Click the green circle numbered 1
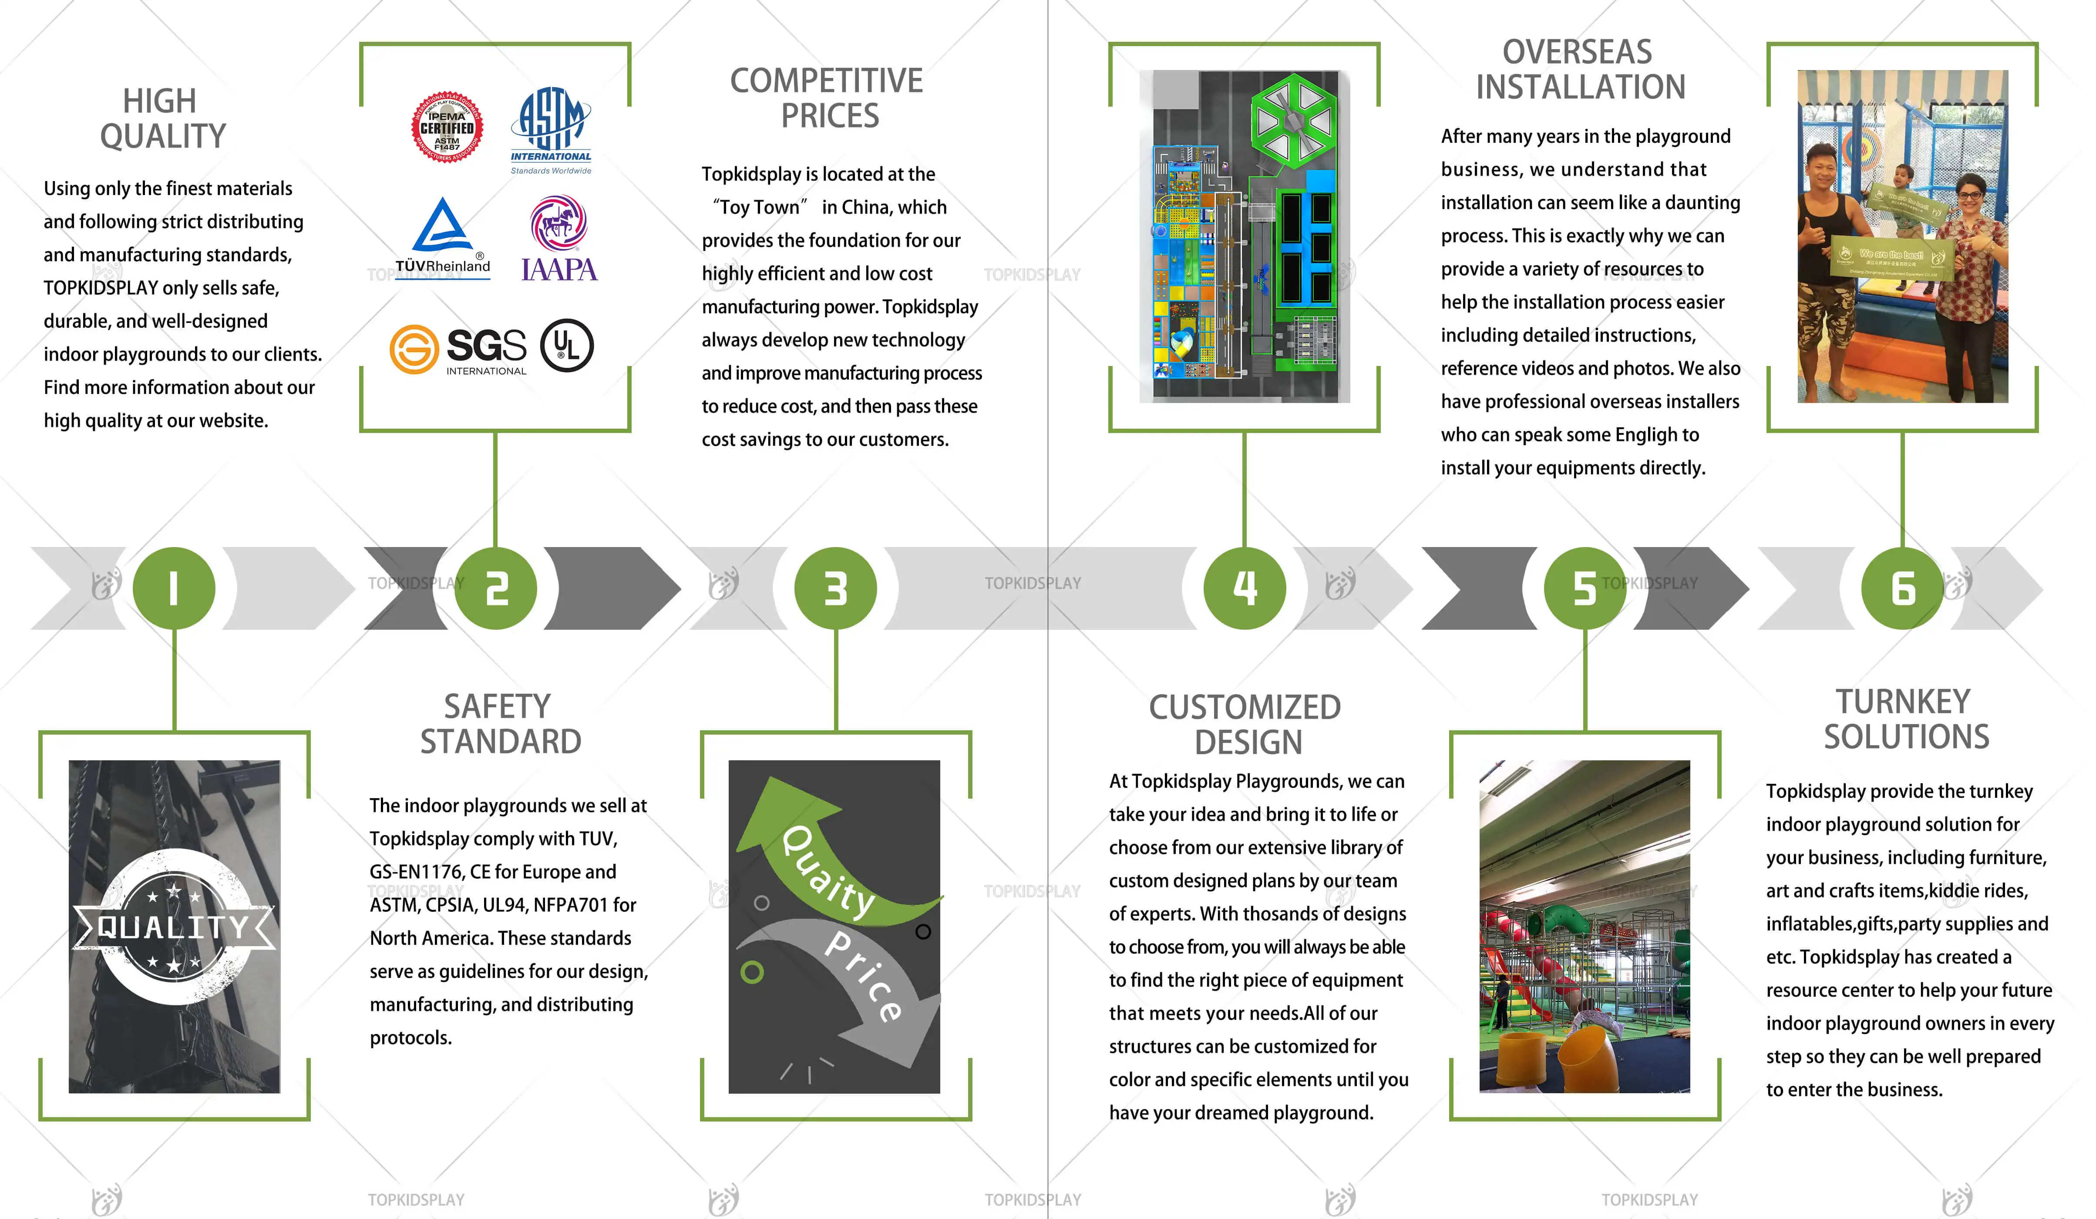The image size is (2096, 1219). click(x=174, y=588)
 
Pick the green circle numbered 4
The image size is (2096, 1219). click(x=1244, y=588)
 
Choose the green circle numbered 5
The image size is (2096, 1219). click(x=1585, y=588)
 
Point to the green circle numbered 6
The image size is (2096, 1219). click(x=1902, y=588)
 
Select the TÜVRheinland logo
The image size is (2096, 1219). click(x=442, y=238)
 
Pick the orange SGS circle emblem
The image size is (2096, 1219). click(x=414, y=349)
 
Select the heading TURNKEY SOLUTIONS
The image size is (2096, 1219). click(x=1905, y=719)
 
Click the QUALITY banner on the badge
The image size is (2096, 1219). click(x=173, y=926)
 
